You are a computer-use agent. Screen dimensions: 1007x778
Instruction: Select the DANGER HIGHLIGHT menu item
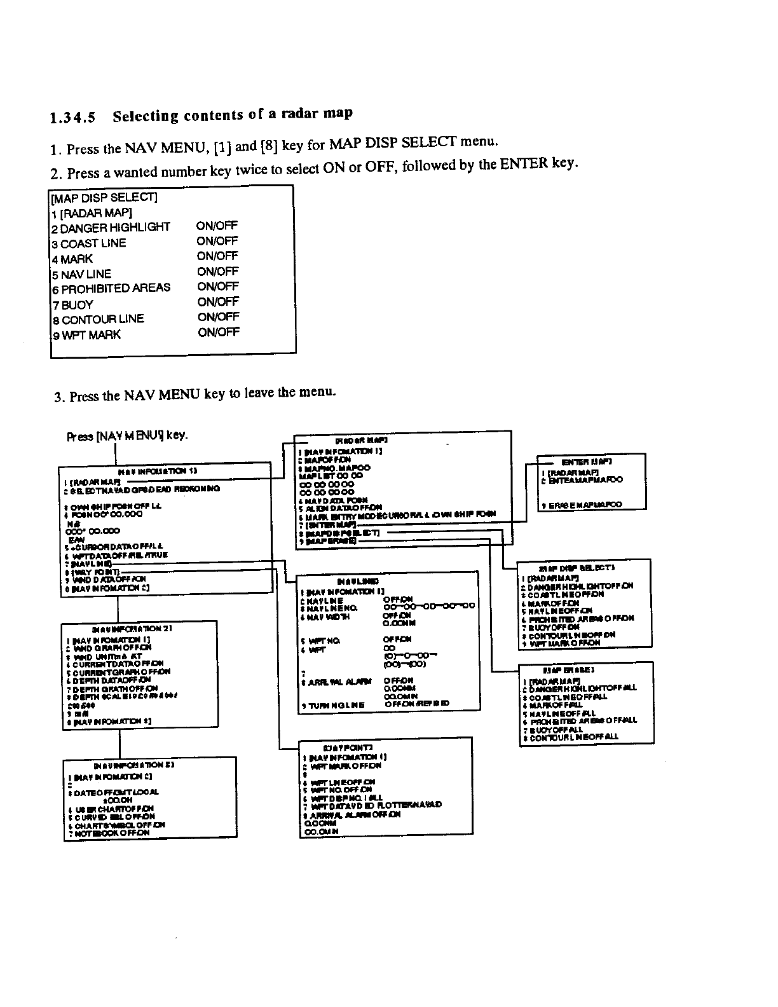coord(115,227)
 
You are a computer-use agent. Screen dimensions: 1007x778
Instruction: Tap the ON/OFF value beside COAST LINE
coord(217,241)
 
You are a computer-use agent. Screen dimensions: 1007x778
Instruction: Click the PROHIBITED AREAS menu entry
coord(115,288)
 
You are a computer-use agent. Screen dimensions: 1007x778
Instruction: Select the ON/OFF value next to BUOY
coord(218,301)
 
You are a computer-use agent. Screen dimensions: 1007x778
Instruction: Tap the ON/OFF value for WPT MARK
coord(219,332)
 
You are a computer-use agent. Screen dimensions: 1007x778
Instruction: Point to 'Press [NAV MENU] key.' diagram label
coord(127,437)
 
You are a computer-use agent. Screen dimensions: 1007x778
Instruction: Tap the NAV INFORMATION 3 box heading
coord(139,765)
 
